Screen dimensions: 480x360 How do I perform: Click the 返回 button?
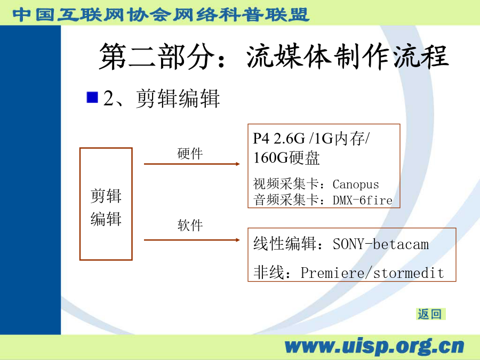430,314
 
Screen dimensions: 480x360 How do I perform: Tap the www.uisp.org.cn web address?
374,346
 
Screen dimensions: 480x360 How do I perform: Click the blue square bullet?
92,98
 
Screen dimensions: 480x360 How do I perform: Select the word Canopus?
356,185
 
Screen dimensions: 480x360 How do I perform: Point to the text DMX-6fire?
363,200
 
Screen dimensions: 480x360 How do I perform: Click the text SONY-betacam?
381,244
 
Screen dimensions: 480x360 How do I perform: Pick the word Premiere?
332,273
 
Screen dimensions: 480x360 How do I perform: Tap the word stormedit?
409,273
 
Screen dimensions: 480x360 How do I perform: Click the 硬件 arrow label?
190,154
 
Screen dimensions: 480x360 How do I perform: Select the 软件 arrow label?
190,225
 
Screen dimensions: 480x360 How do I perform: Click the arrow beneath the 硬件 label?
192,164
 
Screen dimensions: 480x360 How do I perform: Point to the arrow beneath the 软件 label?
192,240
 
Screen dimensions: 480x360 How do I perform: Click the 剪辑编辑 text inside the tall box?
106,207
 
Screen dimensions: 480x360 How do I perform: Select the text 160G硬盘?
286,158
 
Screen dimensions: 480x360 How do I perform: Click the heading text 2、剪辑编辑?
162,98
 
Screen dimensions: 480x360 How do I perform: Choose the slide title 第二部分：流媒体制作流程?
274,57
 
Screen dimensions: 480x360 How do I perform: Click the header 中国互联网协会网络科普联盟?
161,14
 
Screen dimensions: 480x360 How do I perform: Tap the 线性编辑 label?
284,244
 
